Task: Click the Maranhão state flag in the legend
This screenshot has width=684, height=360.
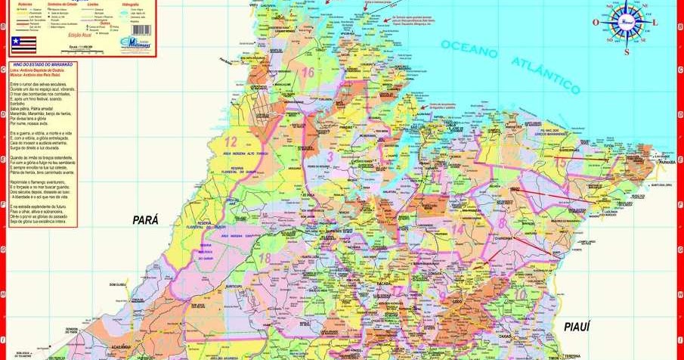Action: [23, 45]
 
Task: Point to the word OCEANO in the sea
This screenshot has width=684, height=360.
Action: [470, 48]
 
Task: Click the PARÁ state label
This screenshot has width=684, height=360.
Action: [146, 220]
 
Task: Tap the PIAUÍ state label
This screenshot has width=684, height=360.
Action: [576, 325]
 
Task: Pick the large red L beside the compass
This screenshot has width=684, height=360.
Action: [656, 23]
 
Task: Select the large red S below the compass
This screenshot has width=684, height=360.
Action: [627, 52]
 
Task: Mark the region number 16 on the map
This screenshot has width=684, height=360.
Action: [307, 73]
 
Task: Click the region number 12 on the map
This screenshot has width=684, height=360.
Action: [231, 141]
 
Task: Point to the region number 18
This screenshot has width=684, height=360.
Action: [264, 258]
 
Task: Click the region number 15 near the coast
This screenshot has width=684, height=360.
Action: [561, 162]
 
